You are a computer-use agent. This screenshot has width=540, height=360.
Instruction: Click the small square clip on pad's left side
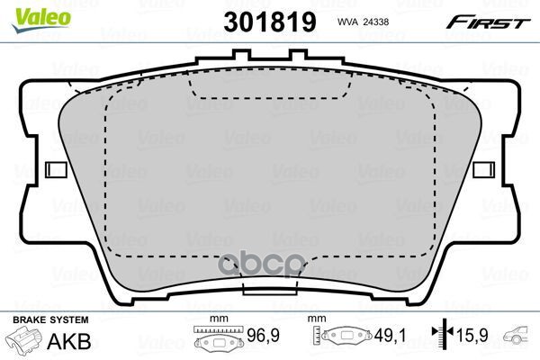click(56, 168)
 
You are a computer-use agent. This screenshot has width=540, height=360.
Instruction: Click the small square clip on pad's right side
click(483, 168)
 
